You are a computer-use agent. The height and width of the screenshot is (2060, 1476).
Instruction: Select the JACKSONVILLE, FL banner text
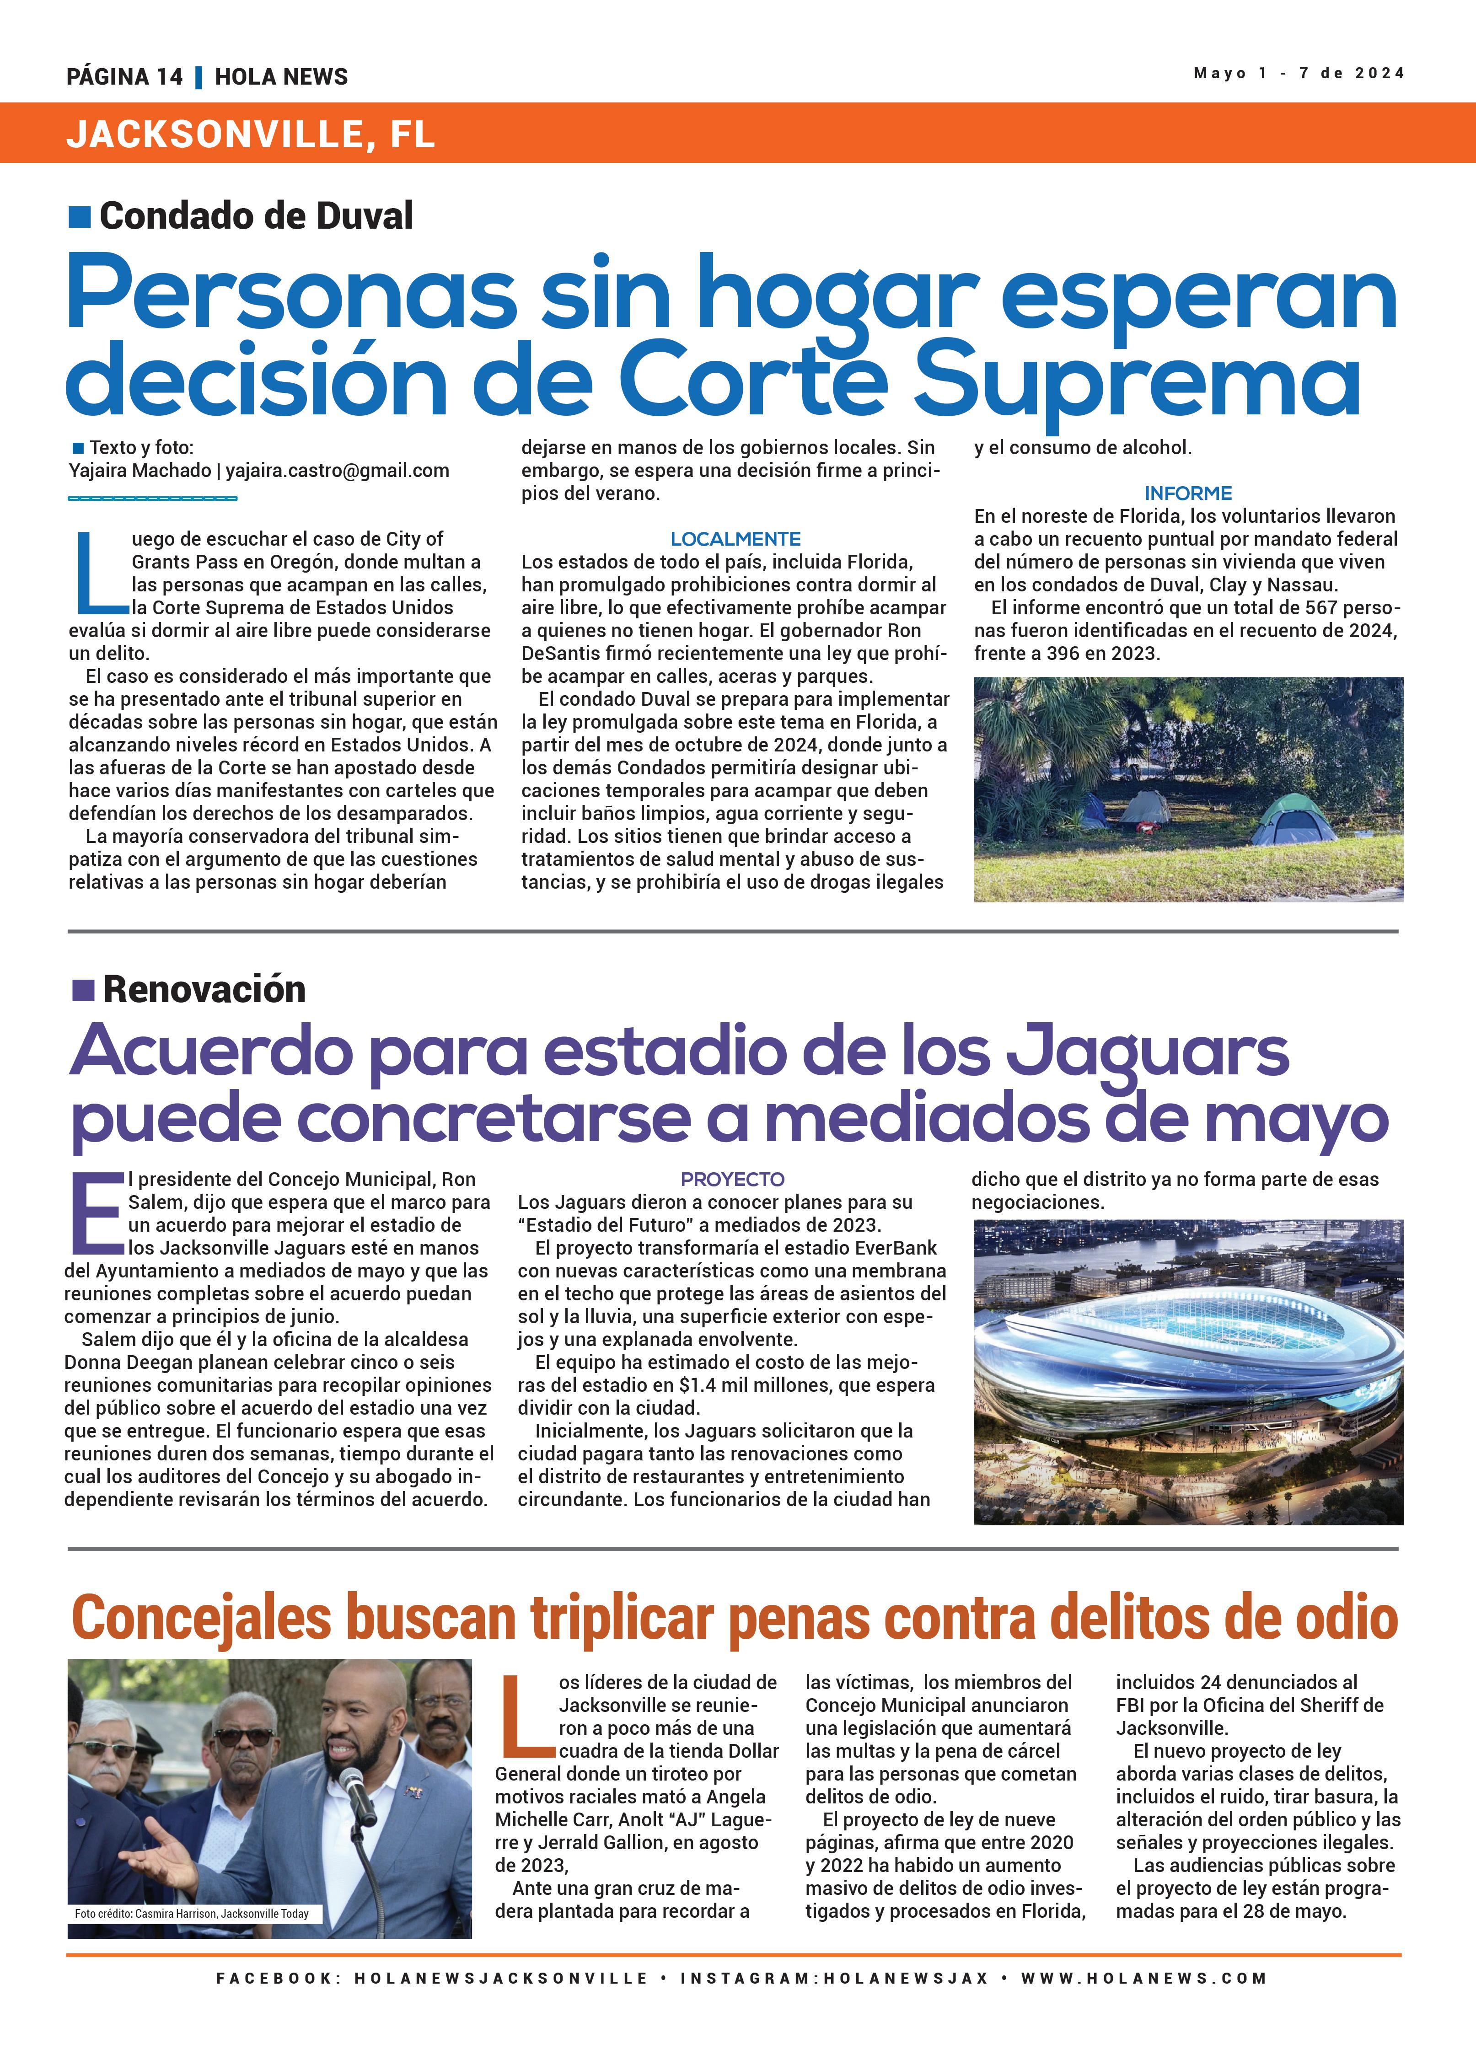(x=251, y=134)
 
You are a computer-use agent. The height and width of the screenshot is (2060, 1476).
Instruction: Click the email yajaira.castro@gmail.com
(x=337, y=471)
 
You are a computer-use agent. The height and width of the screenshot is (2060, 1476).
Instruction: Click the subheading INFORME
(x=1187, y=493)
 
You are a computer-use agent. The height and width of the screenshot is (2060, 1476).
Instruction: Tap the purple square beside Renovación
(x=83, y=989)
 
